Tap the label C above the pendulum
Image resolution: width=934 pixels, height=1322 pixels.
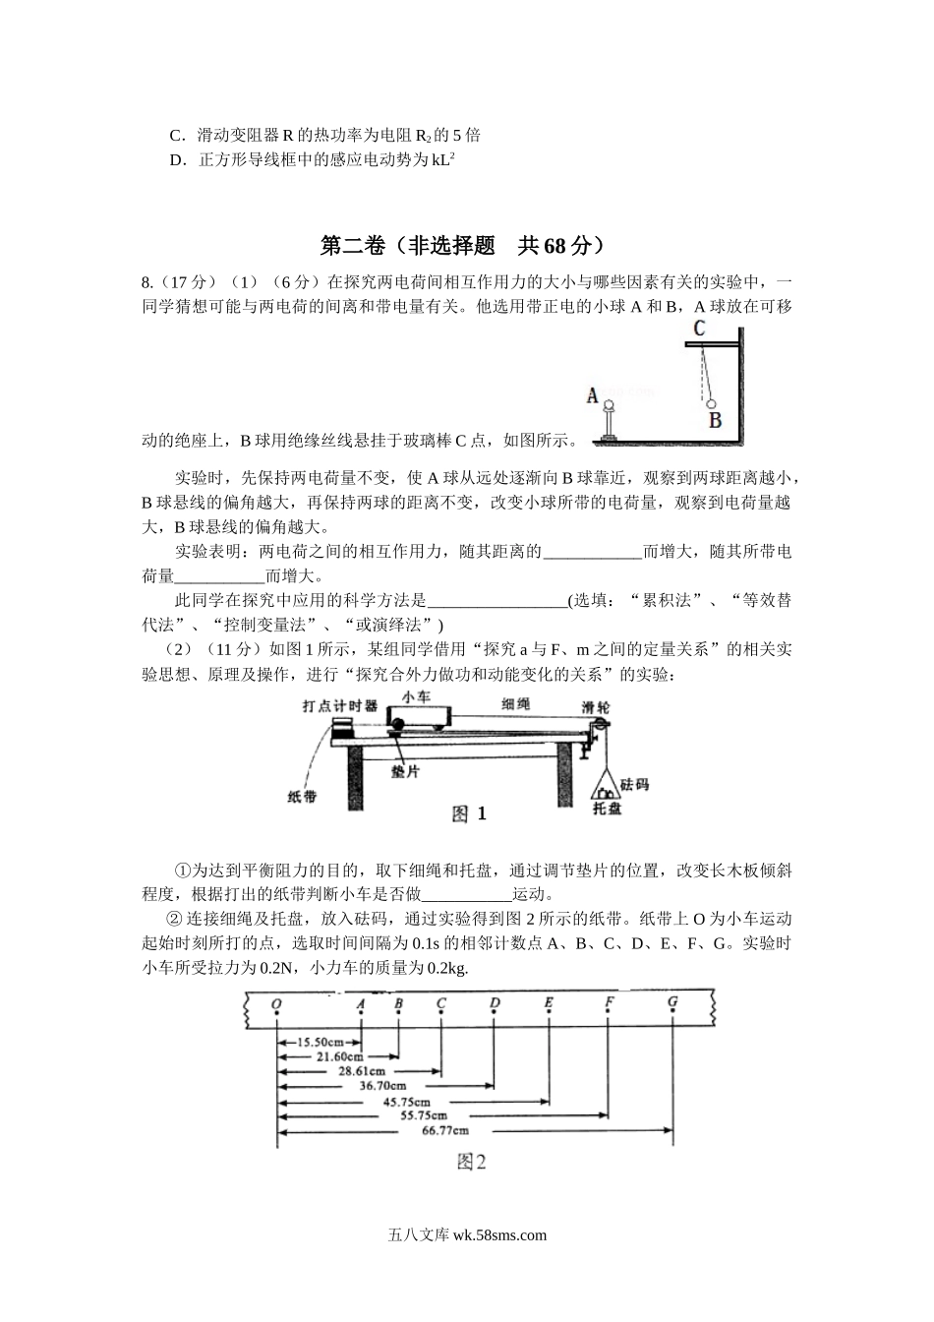[699, 328]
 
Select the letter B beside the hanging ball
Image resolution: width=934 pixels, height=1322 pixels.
[716, 419]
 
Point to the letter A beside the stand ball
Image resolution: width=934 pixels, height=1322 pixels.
[593, 395]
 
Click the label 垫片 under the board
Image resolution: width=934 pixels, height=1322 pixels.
[405, 772]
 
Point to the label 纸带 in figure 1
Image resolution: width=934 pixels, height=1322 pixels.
[302, 797]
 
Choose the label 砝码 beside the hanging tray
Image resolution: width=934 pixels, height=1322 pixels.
[634, 784]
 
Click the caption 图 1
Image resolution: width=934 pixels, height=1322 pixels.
[469, 813]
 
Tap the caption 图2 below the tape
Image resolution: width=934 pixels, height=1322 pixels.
[472, 1163]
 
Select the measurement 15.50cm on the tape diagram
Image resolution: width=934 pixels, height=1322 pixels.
[321, 1041]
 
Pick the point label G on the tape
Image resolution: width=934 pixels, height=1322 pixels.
[672, 1002]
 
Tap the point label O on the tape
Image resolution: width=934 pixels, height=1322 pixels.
[277, 1004]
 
